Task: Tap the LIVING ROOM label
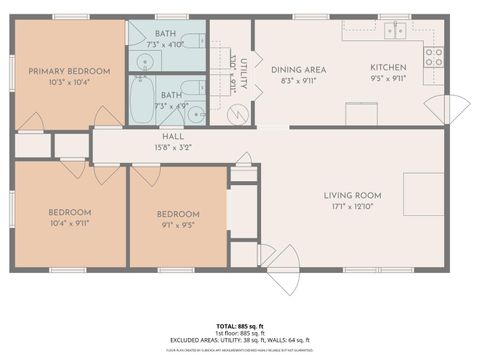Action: coord(354,196)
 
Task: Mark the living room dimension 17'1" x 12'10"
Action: coord(354,208)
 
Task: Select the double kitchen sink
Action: coord(391,30)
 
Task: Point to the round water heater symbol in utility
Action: coord(236,113)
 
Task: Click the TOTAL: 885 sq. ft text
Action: coord(240,325)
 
